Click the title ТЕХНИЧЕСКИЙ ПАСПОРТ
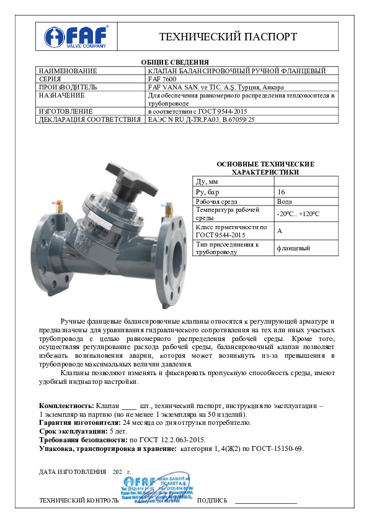click(x=228, y=37)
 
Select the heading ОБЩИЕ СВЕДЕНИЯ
click(x=184, y=62)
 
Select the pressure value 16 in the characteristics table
click(x=282, y=192)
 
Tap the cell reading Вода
click(x=285, y=202)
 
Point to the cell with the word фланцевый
click(x=294, y=248)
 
